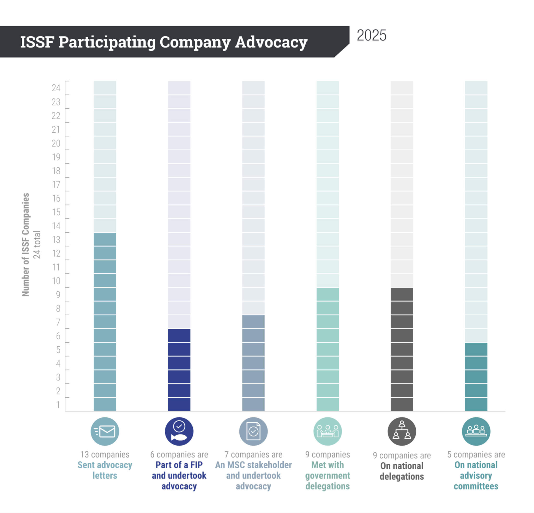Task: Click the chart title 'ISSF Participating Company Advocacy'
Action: coord(164,42)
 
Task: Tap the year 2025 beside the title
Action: coord(371,36)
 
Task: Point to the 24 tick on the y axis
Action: coord(56,88)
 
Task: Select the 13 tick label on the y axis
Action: coord(56,240)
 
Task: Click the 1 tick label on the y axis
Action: coord(58,405)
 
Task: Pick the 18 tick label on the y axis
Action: coord(56,171)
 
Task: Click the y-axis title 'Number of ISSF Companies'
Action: coord(25,245)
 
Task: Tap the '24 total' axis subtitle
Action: coord(37,245)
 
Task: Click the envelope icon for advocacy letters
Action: coord(105,432)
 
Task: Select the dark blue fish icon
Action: coord(179,432)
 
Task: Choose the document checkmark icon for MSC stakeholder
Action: coord(253,432)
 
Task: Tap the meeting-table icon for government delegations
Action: coord(327,432)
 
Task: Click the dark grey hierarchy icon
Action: coord(402,432)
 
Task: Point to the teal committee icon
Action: coord(476,432)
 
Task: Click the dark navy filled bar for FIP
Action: coord(179,370)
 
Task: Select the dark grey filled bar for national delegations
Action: coord(402,349)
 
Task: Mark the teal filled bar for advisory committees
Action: coord(476,377)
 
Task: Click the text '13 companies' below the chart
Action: coord(105,455)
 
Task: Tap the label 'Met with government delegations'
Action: coord(327,476)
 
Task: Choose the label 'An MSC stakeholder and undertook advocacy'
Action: coord(253,476)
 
